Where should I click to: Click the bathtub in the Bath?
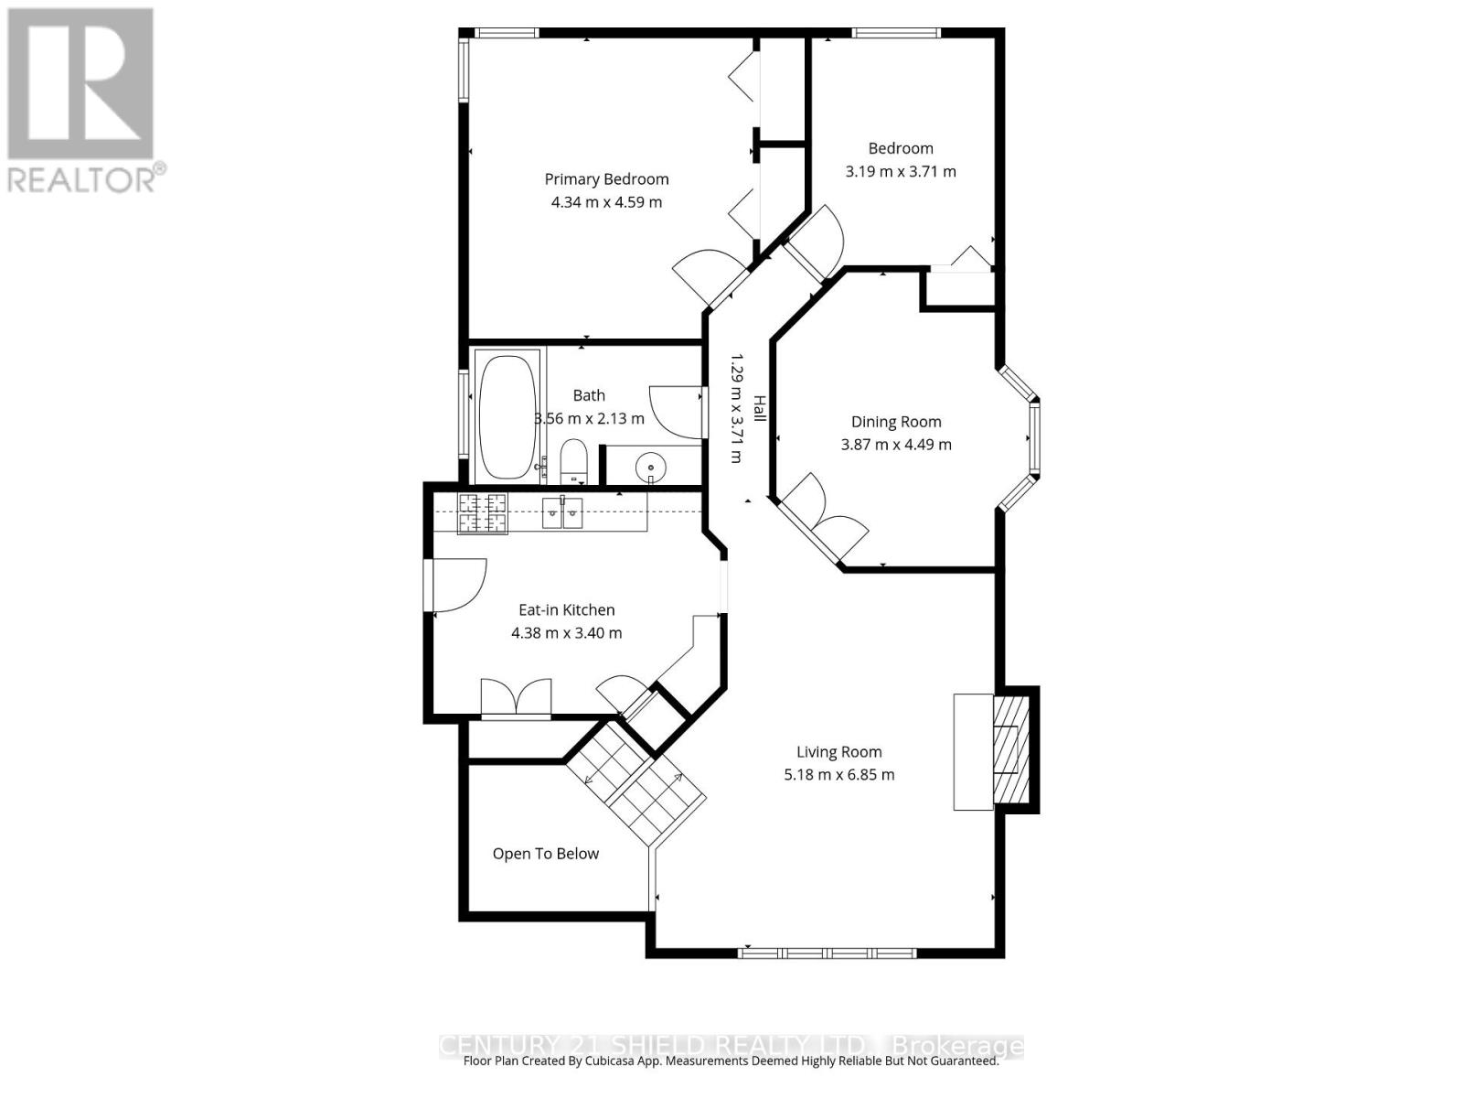point(507,416)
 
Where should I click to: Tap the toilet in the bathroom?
point(573,459)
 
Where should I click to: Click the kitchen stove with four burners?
point(482,512)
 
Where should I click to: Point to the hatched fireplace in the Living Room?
point(1010,749)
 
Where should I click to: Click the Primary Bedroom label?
point(606,179)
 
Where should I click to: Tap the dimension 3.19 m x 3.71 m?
point(901,171)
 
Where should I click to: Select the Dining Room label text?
point(896,422)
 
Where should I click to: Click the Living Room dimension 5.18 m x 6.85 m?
point(838,775)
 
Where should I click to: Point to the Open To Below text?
point(546,854)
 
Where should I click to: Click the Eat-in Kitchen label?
point(566,610)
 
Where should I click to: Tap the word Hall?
point(759,408)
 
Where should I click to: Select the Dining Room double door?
point(823,522)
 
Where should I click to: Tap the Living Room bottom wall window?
point(828,953)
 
